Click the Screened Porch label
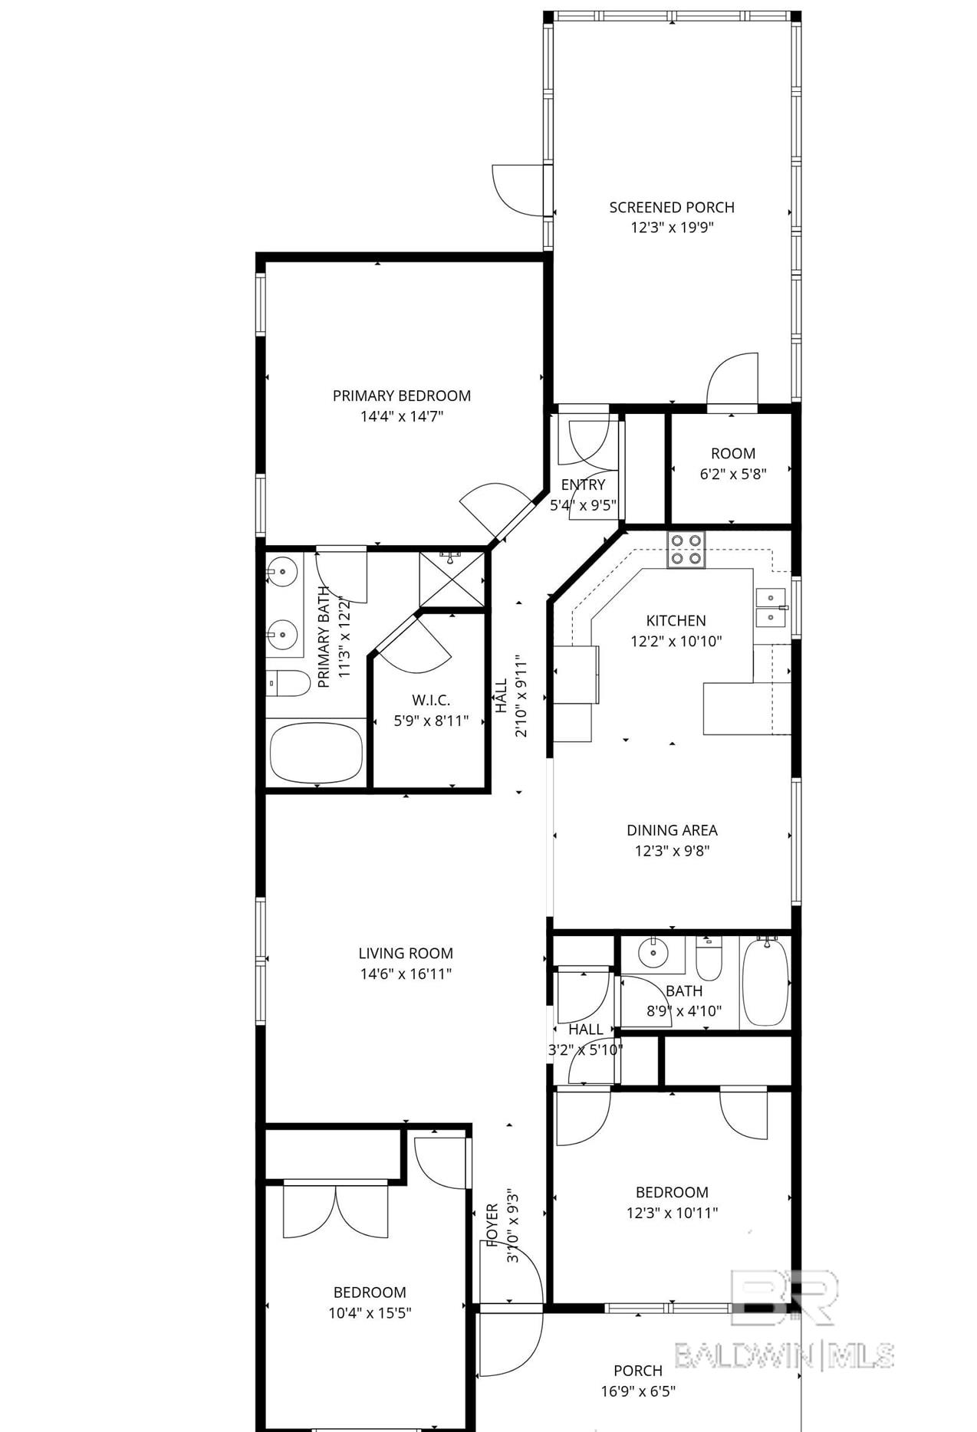[x=672, y=207]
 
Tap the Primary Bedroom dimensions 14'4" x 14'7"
[x=402, y=416]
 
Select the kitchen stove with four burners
[x=686, y=549]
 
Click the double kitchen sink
[x=771, y=608]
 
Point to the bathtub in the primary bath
[x=316, y=752]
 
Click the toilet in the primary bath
[x=288, y=683]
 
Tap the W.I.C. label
[x=431, y=700]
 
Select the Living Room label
[x=406, y=953]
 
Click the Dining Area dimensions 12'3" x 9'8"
[x=672, y=850]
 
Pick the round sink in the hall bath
[x=653, y=953]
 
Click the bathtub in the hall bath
[x=765, y=981]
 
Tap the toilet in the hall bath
[x=709, y=959]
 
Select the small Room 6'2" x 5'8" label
[x=733, y=463]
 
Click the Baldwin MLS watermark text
[x=785, y=1355]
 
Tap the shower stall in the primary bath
[x=452, y=578]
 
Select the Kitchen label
[x=676, y=620]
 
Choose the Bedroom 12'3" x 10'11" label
[x=672, y=1202]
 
